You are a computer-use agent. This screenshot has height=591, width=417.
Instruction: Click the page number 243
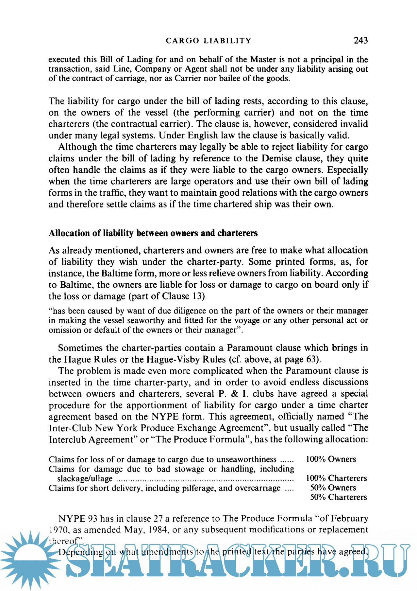click(x=360, y=40)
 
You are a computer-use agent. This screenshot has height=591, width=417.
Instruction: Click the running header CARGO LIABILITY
click(x=208, y=41)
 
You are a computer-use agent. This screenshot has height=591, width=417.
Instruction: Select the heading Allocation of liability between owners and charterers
click(x=153, y=233)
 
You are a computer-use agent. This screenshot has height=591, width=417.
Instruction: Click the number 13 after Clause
click(x=198, y=296)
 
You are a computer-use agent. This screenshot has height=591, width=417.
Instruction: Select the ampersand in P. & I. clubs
click(x=234, y=394)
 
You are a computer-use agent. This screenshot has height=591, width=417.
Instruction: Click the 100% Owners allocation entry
click(x=331, y=459)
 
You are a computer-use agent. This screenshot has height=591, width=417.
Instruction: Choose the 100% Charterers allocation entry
click(x=336, y=478)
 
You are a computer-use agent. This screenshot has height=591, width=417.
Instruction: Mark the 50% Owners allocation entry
click(x=333, y=488)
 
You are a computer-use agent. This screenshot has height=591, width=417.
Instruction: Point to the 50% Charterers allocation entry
click(x=338, y=497)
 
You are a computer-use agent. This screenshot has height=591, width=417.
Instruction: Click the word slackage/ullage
click(x=85, y=478)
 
